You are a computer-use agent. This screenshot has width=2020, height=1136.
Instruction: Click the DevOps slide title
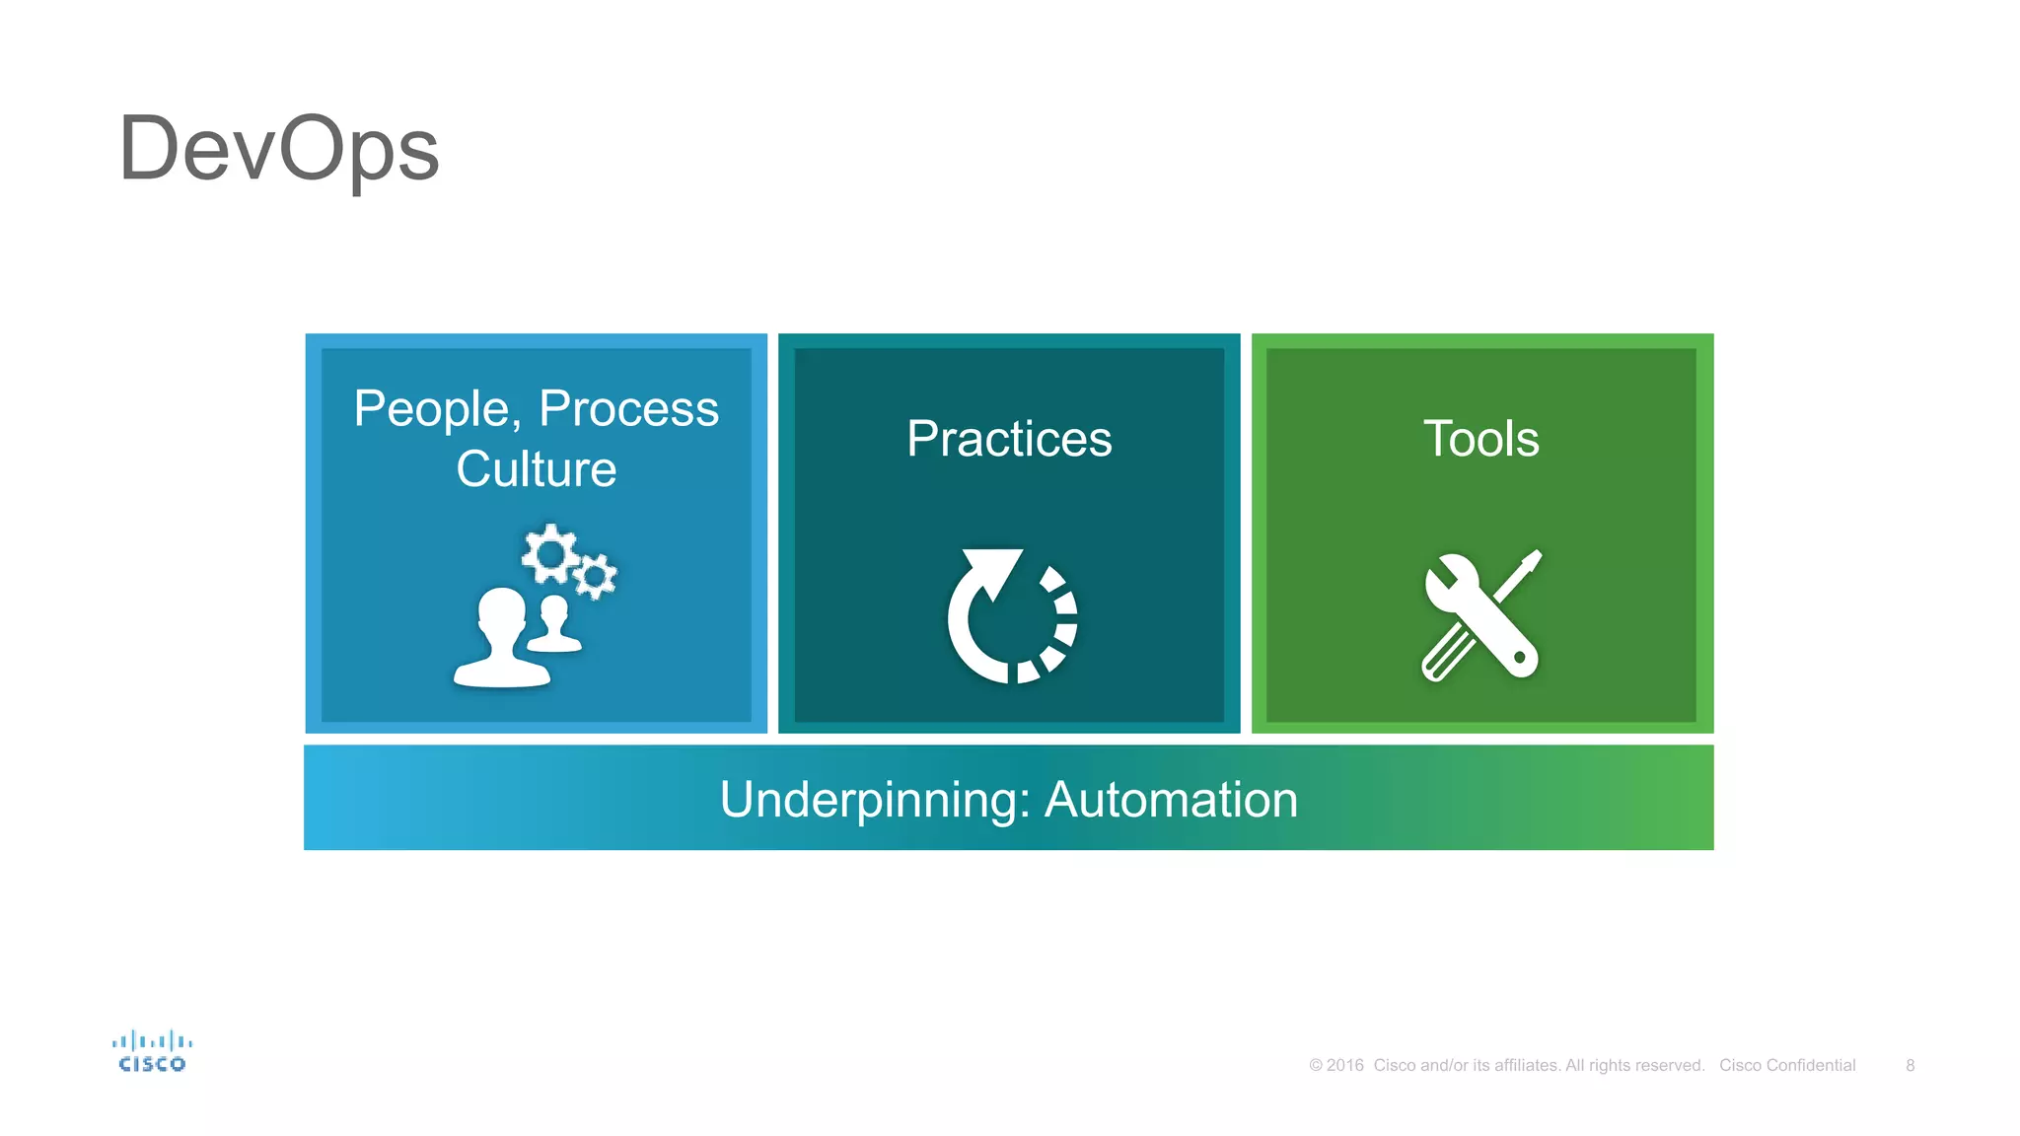tap(279, 150)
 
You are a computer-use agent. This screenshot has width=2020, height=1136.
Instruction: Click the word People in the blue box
tap(431, 408)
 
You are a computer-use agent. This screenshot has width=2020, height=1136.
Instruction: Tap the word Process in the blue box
tap(628, 408)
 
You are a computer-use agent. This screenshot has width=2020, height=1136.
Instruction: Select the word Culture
tap(536, 468)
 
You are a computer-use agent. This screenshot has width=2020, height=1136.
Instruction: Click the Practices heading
tap(1009, 439)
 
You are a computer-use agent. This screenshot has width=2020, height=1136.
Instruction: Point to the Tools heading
tap(1480, 439)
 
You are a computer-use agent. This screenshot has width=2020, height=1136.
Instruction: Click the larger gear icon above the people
tap(549, 553)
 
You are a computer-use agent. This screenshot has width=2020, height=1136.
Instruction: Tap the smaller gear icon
tap(595, 576)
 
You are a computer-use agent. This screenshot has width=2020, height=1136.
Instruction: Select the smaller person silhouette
tap(554, 624)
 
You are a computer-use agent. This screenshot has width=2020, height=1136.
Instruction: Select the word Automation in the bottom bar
tap(1171, 800)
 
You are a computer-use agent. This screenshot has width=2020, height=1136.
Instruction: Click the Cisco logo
tap(152, 1051)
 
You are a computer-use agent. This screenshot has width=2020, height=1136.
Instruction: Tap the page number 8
tap(1910, 1065)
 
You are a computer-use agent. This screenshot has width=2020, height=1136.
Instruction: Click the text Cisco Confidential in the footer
tap(1787, 1065)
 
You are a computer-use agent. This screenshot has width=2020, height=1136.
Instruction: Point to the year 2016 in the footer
tap(1344, 1065)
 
